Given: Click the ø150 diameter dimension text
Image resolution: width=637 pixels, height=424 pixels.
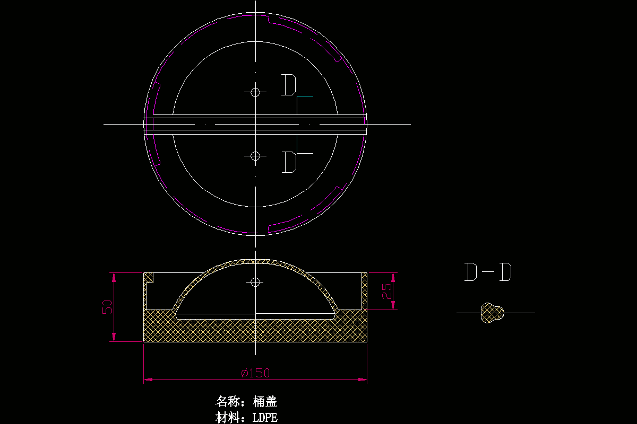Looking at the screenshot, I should click(x=255, y=373).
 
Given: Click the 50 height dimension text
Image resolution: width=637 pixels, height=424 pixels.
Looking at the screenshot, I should click(x=108, y=306).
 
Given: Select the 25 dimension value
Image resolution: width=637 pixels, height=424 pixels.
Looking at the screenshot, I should click(x=388, y=290).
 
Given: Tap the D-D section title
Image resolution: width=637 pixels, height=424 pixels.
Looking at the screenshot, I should click(x=488, y=272).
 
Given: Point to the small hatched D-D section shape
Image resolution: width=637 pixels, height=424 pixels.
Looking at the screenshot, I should click(x=492, y=313).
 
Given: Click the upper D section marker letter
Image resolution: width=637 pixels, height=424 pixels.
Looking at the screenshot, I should click(x=288, y=85).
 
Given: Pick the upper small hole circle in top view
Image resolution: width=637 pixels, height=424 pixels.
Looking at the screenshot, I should click(x=255, y=92).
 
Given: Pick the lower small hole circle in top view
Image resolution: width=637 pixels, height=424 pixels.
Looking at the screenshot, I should click(x=255, y=156).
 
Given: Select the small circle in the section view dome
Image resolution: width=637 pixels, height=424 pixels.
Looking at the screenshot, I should click(x=255, y=282).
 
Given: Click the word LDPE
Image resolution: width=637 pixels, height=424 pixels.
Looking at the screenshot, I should click(x=265, y=418).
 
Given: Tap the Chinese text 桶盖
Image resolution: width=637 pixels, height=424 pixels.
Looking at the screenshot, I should click(x=265, y=402).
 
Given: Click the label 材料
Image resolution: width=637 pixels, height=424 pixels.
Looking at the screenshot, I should click(x=228, y=418).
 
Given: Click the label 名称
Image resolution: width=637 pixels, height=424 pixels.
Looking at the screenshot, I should click(x=228, y=402).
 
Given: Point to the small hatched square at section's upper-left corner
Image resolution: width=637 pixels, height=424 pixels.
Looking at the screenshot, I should click(x=149, y=277).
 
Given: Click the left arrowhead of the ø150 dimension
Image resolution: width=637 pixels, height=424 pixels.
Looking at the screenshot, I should click(x=147, y=379).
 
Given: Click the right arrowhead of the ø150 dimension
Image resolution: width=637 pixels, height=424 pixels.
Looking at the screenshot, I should click(x=364, y=379).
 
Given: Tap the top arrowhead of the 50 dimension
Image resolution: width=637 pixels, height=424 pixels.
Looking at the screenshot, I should click(x=113, y=276).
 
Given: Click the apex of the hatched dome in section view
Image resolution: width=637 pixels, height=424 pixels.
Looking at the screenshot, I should click(x=255, y=261).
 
